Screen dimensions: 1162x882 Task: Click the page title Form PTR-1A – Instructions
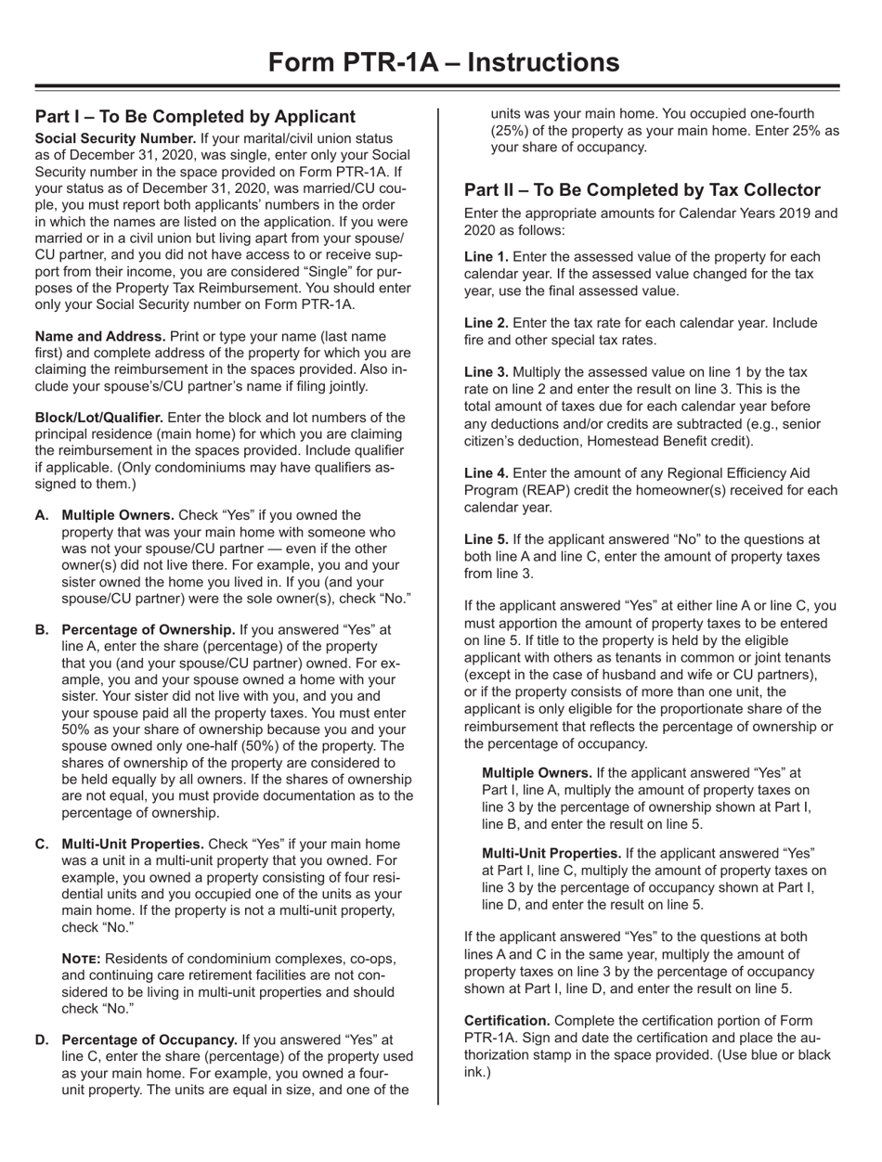pyautogui.click(x=440, y=61)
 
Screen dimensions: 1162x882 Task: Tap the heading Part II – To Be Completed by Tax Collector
pyautogui.click(x=642, y=190)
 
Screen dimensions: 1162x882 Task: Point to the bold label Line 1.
pyautogui.click(x=486, y=255)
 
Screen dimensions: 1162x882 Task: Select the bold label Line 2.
pyautogui.click(x=486, y=322)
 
